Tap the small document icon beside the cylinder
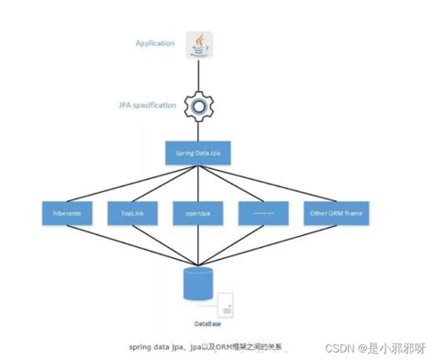(x=227, y=304)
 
